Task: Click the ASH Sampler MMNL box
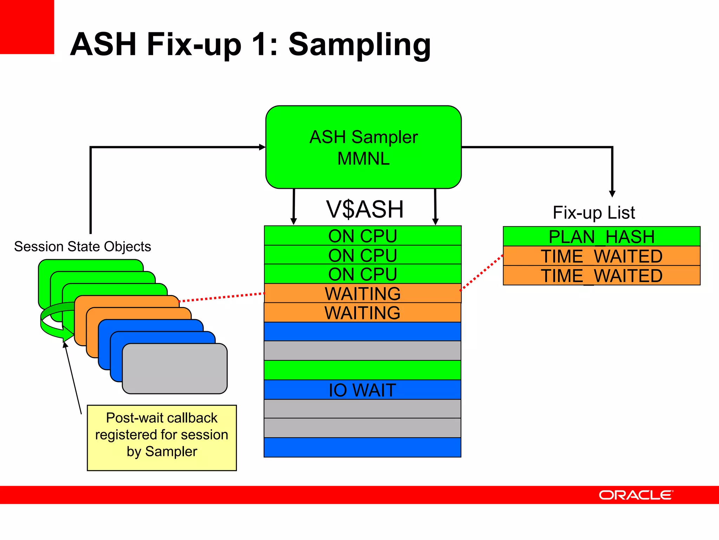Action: click(363, 147)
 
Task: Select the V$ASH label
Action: click(364, 209)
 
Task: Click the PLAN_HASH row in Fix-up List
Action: click(601, 237)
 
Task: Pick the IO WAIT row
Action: click(362, 390)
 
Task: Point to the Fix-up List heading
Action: click(594, 213)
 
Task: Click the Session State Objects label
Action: click(83, 246)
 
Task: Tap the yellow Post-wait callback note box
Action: click(161, 438)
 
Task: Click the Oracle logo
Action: click(635, 495)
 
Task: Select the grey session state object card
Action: click(174, 368)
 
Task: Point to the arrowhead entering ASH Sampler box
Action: click(262, 147)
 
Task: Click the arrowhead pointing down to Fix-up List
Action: click(612, 194)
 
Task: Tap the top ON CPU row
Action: click(362, 236)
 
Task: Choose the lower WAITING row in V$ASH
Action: click(362, 313)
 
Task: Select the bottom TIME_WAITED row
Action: click(601, 276)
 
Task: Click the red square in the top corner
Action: click(27, 27)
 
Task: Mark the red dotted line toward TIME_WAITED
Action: click(481, 272)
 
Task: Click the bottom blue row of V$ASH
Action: click(362, 447)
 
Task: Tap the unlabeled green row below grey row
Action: click(362, 370)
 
